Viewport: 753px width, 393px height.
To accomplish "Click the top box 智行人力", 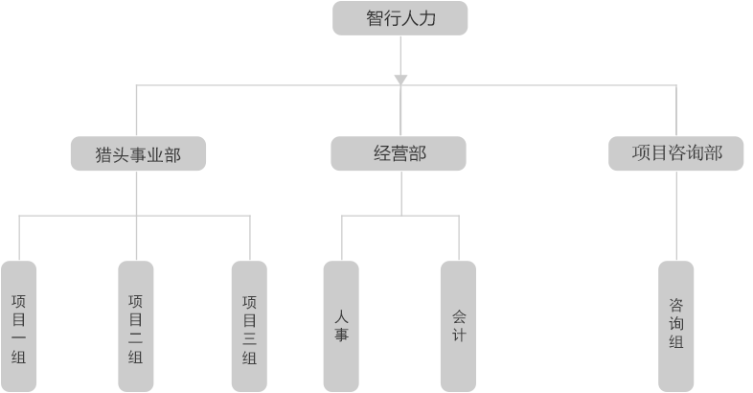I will (x=399, y=18).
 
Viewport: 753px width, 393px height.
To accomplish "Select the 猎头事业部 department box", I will (x=138, y=153).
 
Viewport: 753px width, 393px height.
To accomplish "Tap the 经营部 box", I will (x=399, y=153).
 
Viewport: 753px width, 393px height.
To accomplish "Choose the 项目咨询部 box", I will (x=675, y=152).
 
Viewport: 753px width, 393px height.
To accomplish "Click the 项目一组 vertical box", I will (x=18, y=326).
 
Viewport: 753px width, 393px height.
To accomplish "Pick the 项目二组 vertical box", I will (x=135, y=326).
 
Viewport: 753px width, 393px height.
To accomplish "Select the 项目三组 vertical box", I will (x=249, y=326).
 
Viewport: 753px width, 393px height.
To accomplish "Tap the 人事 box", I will (x=341, y=326).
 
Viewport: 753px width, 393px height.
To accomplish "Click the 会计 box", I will (x=459, y=326).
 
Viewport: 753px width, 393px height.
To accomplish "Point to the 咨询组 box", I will (x=675, y=326).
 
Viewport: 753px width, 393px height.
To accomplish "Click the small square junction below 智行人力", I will (x=400, y=80).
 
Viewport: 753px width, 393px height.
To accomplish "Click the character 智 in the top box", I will (x=375, y=18).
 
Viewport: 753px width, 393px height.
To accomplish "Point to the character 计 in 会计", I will (x=459, y=335).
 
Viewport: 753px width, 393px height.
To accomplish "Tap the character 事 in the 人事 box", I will (x=341, y=335).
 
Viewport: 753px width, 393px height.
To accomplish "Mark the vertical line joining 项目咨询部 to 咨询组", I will (x=675, y=216).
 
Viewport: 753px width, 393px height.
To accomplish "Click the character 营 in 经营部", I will (x=399, y=153).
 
